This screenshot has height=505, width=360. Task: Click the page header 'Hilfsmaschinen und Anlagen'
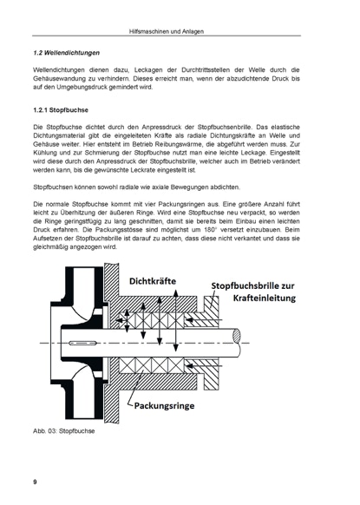pos(167,31)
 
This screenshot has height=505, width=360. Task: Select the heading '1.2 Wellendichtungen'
pos(66,53)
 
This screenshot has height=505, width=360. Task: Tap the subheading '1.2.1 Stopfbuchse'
pos(61,110)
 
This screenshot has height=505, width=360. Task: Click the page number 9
pos(35,482)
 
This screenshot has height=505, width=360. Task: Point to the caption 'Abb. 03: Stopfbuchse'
pos(63,431)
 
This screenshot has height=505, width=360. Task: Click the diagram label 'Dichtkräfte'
pos(153,281)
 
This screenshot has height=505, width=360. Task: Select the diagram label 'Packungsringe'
pos(164,405)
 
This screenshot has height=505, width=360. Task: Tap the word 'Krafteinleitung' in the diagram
pos(265,298)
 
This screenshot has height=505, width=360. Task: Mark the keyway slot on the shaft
pos(83,343)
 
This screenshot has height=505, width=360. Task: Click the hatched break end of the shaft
pos(237,336)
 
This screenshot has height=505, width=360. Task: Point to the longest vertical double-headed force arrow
pos(175,320)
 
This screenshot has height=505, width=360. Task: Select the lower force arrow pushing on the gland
pos(204,366)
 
